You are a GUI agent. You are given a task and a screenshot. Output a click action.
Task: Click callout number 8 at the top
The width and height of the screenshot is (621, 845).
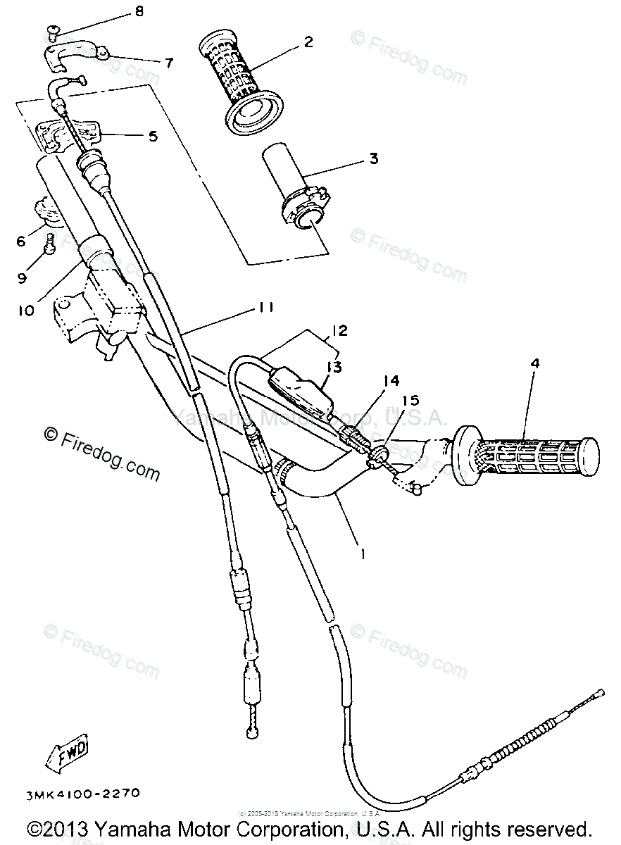[x=138, y=11]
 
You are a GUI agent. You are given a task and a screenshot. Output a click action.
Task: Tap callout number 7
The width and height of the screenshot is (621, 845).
[x=168, y=62]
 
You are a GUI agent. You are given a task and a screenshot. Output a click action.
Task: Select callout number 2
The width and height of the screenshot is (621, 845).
[x=308, y=42]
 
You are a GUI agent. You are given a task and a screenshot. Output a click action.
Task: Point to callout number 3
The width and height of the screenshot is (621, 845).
[x=373, y=158]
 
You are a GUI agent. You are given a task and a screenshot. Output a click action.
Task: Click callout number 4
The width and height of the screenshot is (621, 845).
[x=536, y=364]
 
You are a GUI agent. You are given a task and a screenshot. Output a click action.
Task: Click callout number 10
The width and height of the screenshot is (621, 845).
[x=26, y=309]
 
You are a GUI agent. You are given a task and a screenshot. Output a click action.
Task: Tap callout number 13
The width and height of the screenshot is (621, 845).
[x=334, y=366]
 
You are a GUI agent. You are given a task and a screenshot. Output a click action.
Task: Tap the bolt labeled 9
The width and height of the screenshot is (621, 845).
[x=50, y=246]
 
